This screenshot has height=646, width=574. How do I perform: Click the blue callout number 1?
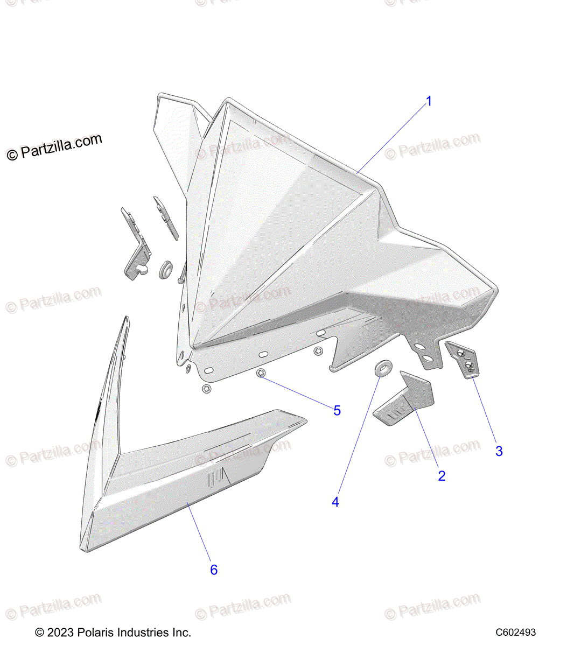[429, 101]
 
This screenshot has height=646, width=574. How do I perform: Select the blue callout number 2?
[442, 476]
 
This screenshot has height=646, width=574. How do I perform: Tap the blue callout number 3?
[499, 451]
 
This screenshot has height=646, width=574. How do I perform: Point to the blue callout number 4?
[335, 502]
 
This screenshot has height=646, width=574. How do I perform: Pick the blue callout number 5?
[337, 411]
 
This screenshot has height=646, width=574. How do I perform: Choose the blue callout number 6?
[214, 570]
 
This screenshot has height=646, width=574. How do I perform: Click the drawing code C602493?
[515, 633]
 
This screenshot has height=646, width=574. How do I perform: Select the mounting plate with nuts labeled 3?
[465, 359]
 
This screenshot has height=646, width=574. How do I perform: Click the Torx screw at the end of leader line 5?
[261, 374]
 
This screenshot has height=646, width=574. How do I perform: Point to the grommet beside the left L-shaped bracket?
[165, 270]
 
